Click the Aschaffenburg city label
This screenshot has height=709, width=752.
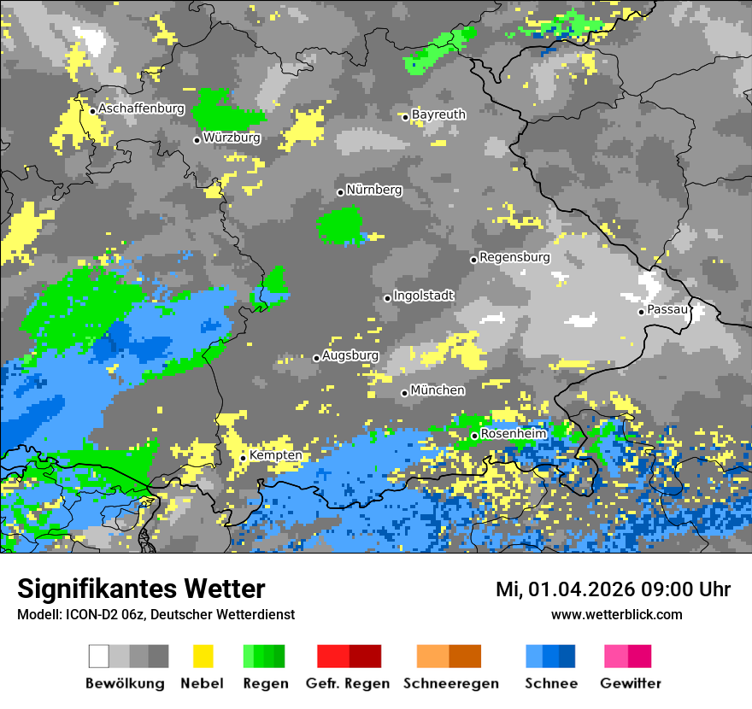pyautogui.click(x=141, y=109)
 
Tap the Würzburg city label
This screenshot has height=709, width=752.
pyautogui.click(x=232, y=138)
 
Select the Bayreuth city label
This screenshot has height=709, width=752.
pyautogui.click(x=438, y=114)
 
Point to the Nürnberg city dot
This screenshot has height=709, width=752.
pyautogui.click(x=340, y=192)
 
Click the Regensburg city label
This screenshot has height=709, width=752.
pyautogui.click(x=514, y=257)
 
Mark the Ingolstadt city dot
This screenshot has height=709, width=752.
pyautogui.click(x=387, y=298)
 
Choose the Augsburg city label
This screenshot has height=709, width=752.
pyautogui.click(x=350, y=355)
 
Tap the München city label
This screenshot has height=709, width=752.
pyautogui.click(x=438, y=390)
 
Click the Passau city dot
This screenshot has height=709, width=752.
pyautogui.click(x=641, y=312)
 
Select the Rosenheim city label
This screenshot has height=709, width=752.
pyautogui.click(x=514, y=434)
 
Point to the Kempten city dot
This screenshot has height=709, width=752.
pyautogui.click(x=243, y=458)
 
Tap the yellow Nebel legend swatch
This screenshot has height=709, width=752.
pyautogui.click(x=203, y=656)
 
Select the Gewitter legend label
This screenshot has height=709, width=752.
pyautogui.click(x=631, y=683)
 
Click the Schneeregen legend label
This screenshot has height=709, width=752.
pyautogui.click(x=451, y=683)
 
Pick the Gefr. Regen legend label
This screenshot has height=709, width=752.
pyautogui.click(x=348, y=683)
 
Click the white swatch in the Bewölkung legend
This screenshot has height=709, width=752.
pyautogui.click(x=99, y=656)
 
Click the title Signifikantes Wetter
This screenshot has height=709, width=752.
pyautogui.click(x=141, y=589)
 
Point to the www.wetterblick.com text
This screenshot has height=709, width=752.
pyautogui.click(x=617, y=614)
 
